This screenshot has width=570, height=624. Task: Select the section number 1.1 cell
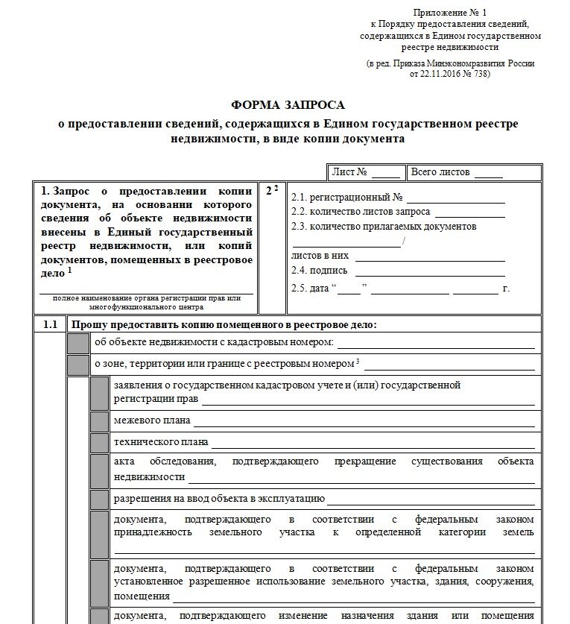(x=50, y=324)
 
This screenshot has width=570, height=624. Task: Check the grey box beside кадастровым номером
(x=77, y=343)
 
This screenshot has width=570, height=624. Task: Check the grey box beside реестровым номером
(x=77, y=365)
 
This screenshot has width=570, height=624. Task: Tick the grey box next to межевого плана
(x=99, y=421)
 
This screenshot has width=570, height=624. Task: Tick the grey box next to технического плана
(x=99, y=442)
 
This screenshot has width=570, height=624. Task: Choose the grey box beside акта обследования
(x=99, y=470)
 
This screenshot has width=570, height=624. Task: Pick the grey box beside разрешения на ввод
(x=99, y=499)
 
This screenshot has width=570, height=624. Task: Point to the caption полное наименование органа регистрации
(x=146, y=298)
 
